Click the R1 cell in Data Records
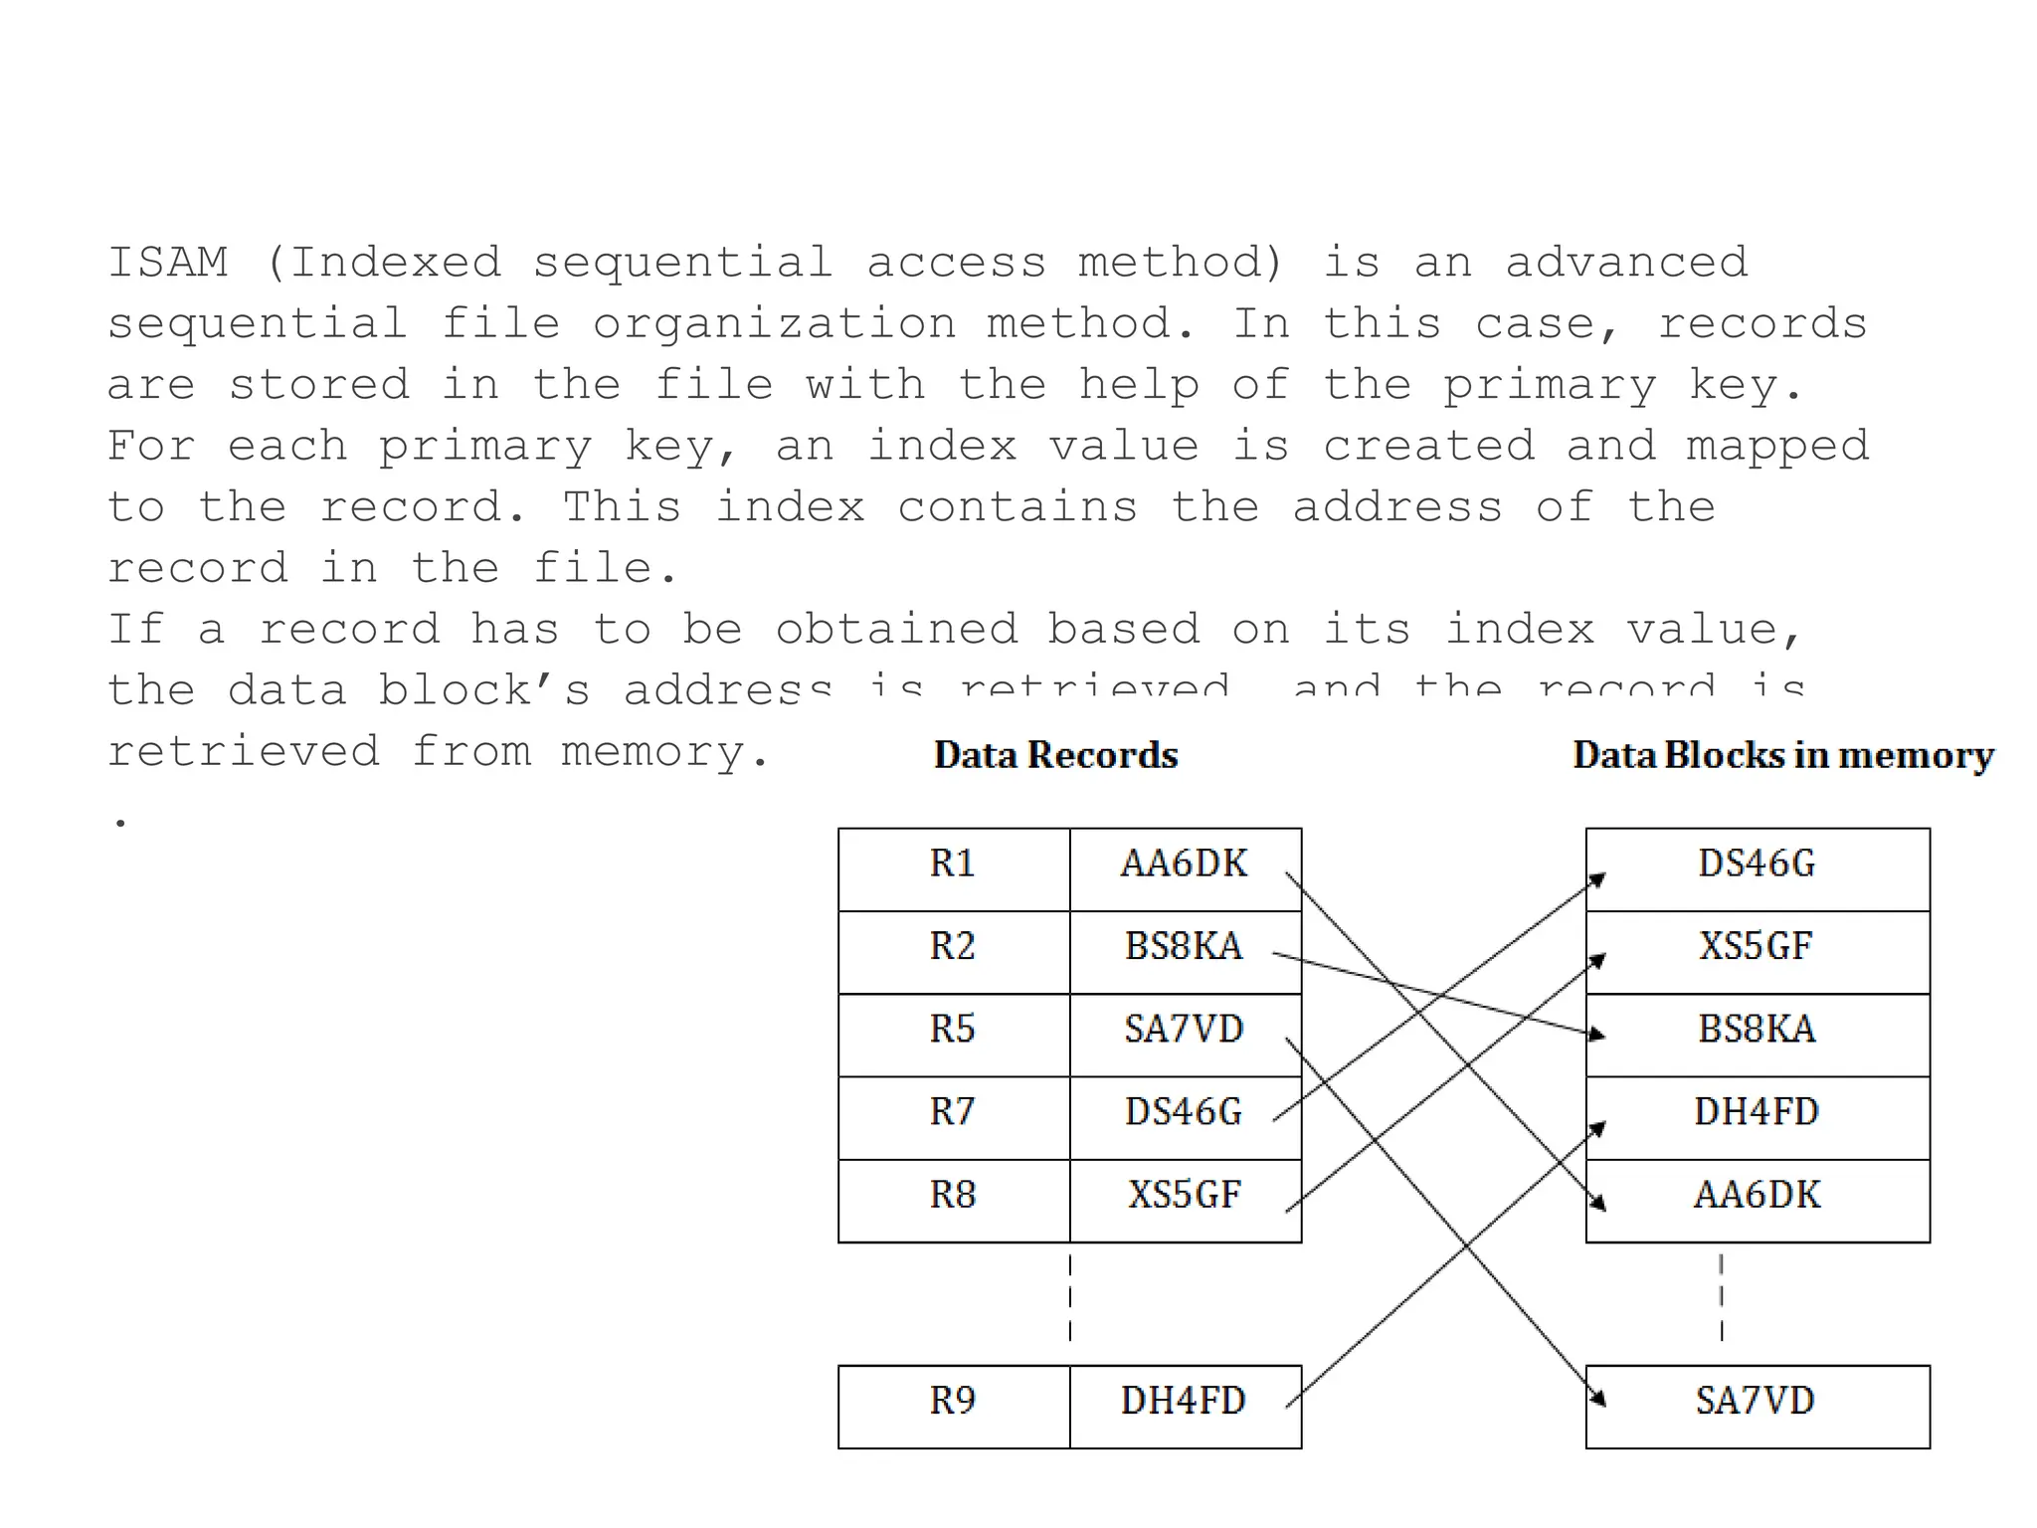(953, 863)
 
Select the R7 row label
(953, 1111)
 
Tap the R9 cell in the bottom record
(953, 1401)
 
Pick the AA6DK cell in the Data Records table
(1184, 863)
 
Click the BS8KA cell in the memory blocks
(1757, 1030)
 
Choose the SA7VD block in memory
(1756, 1402)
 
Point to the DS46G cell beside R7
(1184, 1111)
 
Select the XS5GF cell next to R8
(1184, 1195)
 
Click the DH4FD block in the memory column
(1757, 1112)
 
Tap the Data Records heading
(1055, 755)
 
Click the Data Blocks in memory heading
(1782, 755)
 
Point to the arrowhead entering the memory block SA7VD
(1597, 1398)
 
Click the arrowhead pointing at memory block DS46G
(1597, 878)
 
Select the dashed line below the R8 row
(1070, 1297)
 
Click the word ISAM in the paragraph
(168, 263)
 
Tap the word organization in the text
(774, 324)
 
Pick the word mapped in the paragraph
(1777, 447)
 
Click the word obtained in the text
(896, 630)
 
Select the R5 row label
(953, 1029)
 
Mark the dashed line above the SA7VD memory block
(1722, 1297)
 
